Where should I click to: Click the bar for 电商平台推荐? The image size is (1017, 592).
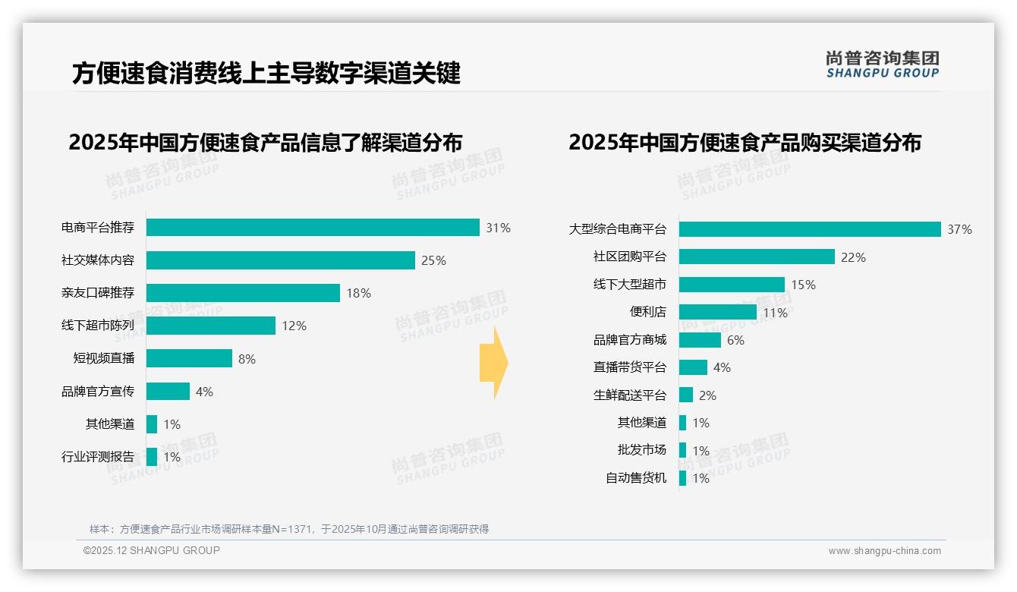click(313, 228)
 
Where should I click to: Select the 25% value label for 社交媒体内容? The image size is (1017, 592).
click(433, 260)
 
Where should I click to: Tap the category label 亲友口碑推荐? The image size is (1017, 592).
click(98, 293)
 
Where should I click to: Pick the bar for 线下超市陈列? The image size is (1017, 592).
click(211, 326)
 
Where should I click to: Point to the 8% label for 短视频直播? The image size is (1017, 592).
click(247, 359)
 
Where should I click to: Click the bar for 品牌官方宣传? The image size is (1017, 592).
click(168, 392)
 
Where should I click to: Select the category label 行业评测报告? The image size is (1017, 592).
click(98, 457)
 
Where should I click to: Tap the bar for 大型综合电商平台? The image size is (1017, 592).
click(810, 229)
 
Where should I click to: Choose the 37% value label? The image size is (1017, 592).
click(959, 229)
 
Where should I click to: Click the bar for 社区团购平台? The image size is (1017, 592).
click(757, 257)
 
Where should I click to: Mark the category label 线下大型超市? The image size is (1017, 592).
click(630, 285)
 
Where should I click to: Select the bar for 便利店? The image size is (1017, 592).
click(717, 312)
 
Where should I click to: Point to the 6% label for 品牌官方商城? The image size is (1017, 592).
click(735, 340)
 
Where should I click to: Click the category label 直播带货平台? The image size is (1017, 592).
click(630, 367)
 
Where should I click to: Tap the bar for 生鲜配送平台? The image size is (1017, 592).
click(686, 395)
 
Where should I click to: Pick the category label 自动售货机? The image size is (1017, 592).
click(636, 478)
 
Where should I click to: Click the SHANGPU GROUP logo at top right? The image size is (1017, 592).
click(883, 65)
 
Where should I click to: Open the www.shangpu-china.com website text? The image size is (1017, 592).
click(884, 551)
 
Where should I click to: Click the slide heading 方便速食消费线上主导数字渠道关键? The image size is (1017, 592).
click(266, 74)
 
